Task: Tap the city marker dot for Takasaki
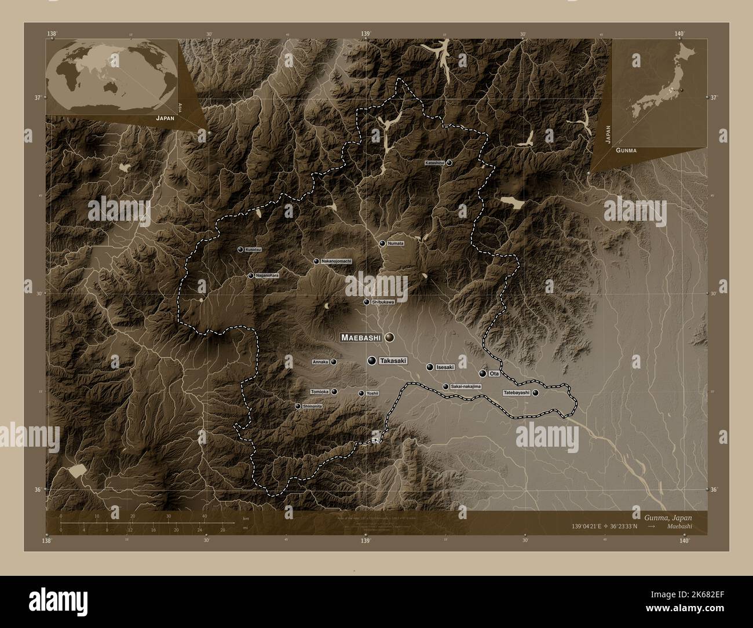[372, 361]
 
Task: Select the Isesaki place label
[445, 367]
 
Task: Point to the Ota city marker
[482, 374]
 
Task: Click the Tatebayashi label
[516, 393]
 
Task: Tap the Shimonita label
[312, 407]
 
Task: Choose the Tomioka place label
[320, 392]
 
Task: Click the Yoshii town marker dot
[361, 393]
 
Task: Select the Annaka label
[320, 362]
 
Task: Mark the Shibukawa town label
[383, 302]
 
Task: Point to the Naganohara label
[267, 276]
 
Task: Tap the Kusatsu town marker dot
[240, 250]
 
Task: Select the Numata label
[396, 243]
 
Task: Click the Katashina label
[434, 163]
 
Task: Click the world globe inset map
[111, 76]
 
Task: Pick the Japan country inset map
[660, 93]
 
